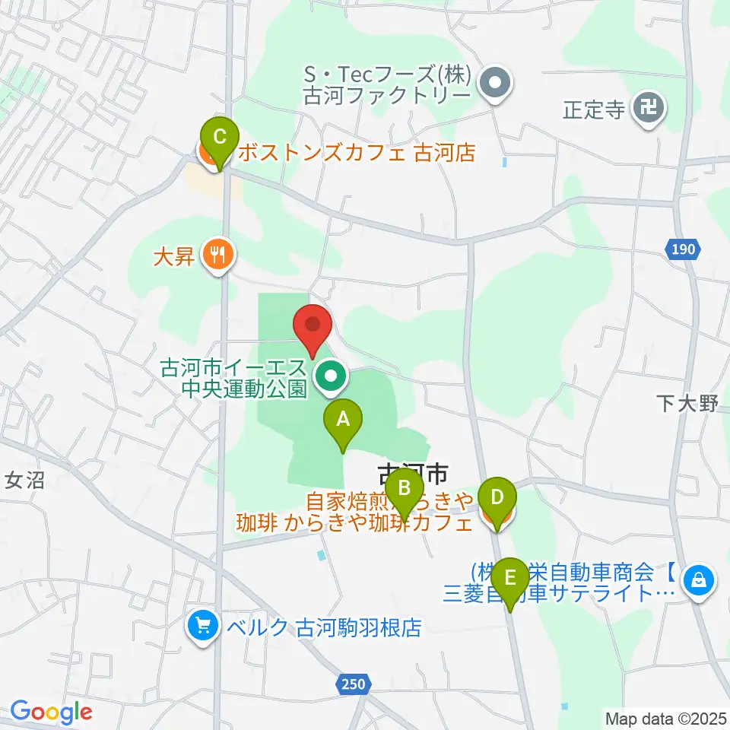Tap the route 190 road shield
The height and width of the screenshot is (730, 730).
tap(684, 249)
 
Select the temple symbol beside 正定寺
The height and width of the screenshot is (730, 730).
tap(650, 109)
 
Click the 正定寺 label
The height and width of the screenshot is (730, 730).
tap(594, 109)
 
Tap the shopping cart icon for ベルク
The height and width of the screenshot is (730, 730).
tap(202, 627)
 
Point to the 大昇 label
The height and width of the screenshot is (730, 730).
tap(174, 255)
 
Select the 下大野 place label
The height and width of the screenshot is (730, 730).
tap(687, 403)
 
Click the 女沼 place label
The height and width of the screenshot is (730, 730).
tap(25, 481)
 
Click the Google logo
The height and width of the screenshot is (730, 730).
tap(50, 713)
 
